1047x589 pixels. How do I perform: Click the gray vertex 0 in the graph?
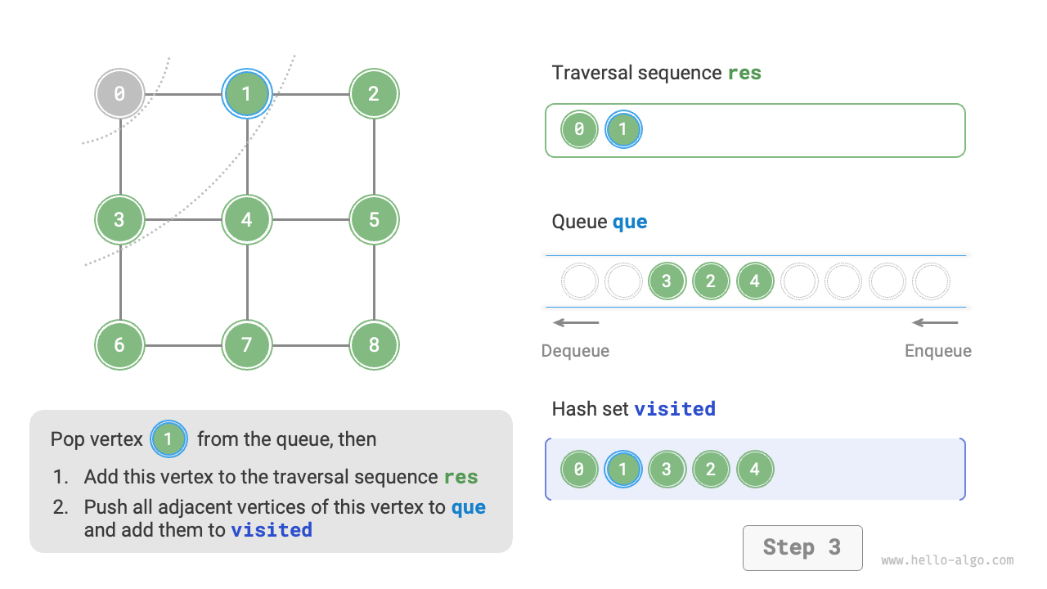coord(119,94)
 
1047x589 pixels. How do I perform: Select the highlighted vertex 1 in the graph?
coord(246,94)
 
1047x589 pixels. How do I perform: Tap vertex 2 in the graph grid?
coord(374,94)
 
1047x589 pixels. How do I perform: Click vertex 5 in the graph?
coord(374,219)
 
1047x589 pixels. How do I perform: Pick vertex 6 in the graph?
coord(119,345)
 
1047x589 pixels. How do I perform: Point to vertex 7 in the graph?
coord(246,345)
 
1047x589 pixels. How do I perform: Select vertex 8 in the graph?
coord(374,345)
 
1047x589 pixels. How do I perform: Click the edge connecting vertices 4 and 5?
coord(310,219)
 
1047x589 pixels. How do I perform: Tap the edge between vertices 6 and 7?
coord(183,345)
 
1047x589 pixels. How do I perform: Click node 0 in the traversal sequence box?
coord(579,129)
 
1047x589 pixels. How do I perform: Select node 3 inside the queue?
coord(667,281)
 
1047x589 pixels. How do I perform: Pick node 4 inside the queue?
coord(755,281)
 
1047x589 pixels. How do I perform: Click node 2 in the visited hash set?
coord(711,470)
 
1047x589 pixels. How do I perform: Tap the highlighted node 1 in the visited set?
coord(623,470)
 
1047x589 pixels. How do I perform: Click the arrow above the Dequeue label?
coord(576,322)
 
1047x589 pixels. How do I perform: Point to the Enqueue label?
coord(937,351)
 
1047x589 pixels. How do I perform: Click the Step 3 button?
coord(802,547)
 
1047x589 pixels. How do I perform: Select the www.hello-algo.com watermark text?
coord(947,560)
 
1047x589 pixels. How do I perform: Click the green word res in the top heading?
coord(744,73)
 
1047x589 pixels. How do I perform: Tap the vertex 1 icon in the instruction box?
coord(169,439)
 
